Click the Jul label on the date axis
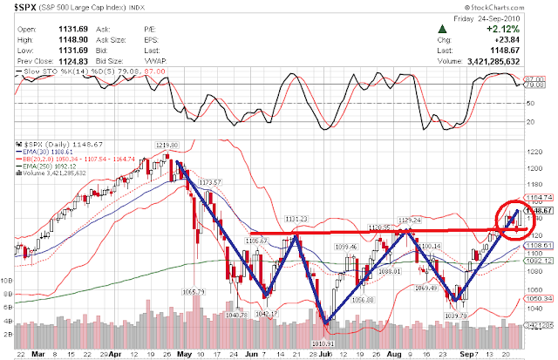click(x=323, y=356)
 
